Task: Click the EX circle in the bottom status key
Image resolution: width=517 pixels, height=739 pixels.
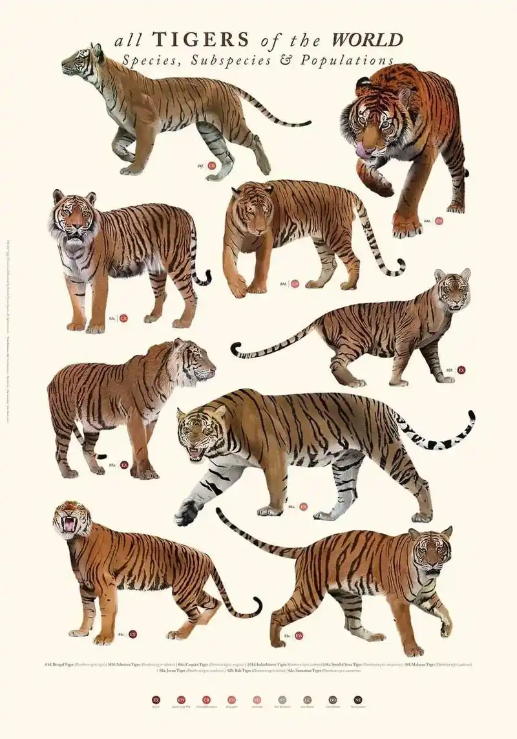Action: [156, 700]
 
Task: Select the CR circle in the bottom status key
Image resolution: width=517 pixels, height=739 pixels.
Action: [206, 700]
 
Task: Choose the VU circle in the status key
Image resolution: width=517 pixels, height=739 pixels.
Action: [257, 700]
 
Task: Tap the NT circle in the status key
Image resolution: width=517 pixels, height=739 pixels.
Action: [282, 700]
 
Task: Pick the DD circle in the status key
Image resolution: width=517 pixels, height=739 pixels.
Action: [333, 700]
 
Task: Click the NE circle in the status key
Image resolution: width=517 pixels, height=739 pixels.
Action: [358, 700]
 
